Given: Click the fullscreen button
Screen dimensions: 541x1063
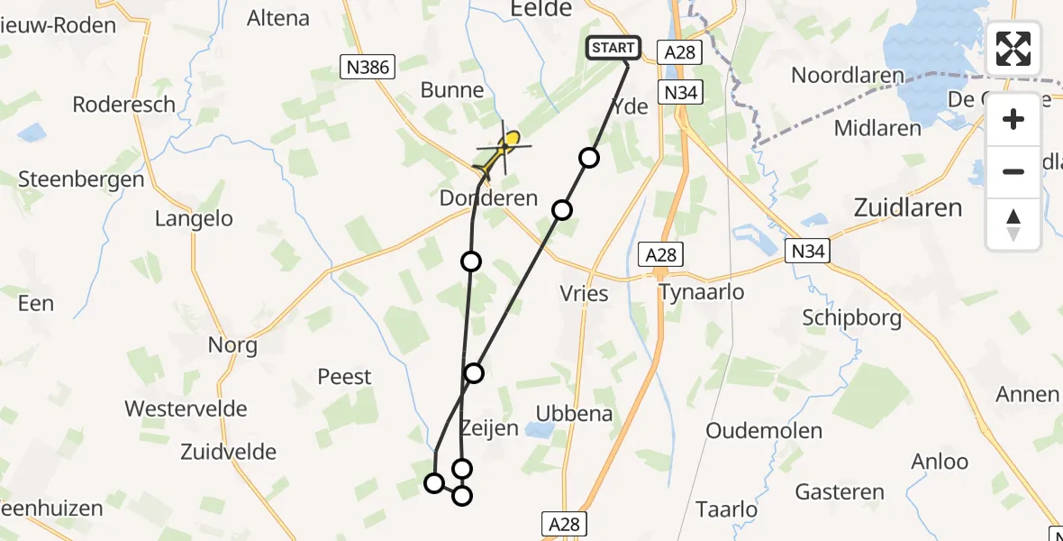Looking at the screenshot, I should pos(1013,49).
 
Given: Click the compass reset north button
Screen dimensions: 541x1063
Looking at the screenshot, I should pos(1013,225).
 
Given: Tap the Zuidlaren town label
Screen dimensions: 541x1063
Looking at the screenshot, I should pos(907,207).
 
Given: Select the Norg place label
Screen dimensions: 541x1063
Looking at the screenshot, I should pos(232,344).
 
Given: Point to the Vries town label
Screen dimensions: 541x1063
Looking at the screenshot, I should pos(584,293).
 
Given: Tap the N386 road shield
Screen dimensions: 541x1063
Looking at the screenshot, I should pos(366,66).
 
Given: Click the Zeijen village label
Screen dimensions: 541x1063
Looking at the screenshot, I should pos(489,427).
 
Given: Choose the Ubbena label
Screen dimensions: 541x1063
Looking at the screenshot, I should pos(574,414).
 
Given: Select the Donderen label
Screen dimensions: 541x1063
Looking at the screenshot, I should pos(488,197).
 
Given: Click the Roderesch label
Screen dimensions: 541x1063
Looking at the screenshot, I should pos(124,104).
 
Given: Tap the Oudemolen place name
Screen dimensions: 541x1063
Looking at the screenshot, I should pos(764,430).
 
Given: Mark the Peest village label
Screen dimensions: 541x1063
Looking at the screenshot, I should pos(345,376).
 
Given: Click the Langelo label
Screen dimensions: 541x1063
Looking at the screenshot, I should pos(194,218).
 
